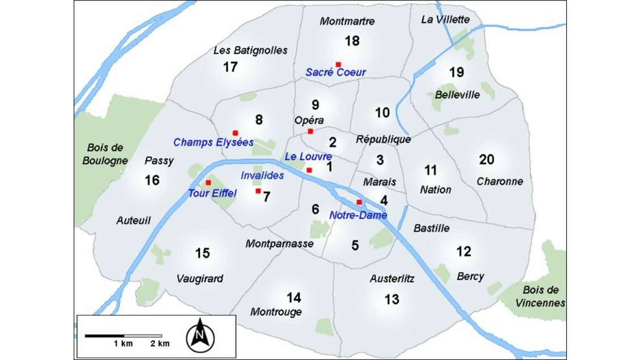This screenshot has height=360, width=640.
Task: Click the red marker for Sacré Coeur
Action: pyautogui.click(x=338, y=65)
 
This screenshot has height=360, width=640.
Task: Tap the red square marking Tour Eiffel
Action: pyautogui.click(x=208, y=183)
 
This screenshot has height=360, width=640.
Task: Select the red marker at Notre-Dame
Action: pyautogui.click(x=359, y=203)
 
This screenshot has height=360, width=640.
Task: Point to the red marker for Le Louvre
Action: pyautogui.click(x=309, y=170)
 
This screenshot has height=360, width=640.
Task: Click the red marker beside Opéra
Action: pyautogui.click(x=310, y=131)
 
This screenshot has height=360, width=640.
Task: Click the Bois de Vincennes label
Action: pyautogui.click(x=541, y=295)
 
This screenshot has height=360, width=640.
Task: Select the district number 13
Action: pyautogui.click(x=392, y=299)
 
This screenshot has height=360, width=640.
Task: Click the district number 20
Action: pyautogui.click(x=487, y=160)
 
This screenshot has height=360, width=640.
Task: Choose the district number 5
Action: pyautogui.click(x=355, y=245)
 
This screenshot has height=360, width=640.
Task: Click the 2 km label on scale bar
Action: pyautogui.click(x=160, y=344)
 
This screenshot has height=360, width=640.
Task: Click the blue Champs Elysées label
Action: pyautogui.click(x=213, y=142)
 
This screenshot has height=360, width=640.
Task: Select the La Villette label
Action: pyautogui.click(x=446, y=19)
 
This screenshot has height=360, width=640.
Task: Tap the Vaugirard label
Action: pyautogui.click(x=199, y=278)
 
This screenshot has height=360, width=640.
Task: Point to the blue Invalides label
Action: pyautogui.click(x=262, y=176)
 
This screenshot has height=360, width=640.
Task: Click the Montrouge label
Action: pyautogui.click(x=276, y=312)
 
